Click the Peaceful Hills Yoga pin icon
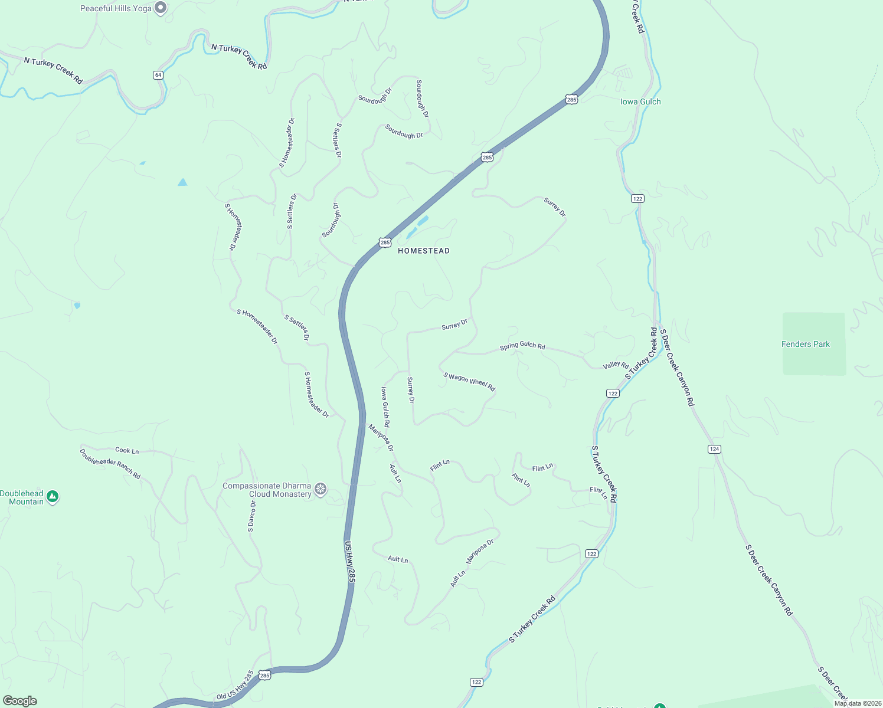point(161,8)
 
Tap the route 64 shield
point(158,75)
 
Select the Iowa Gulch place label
point(640,101)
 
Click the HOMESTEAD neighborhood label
point(424,251)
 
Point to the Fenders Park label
point(805,344)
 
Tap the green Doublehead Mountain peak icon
point(53,497)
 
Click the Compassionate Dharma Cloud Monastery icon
point(321,489)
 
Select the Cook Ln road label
point(127,450)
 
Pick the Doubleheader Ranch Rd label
point(110,464)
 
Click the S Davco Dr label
point(251,516)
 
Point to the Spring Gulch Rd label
point(522,345)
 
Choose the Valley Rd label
point(616,365)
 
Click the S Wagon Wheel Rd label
point(469,381)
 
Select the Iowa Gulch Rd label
point(385,407)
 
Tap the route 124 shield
point(714,449)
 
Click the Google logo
point(20,701)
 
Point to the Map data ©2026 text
point(858,703)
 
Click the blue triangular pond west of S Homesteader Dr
point(182,182)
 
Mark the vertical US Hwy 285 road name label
point(350,562)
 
